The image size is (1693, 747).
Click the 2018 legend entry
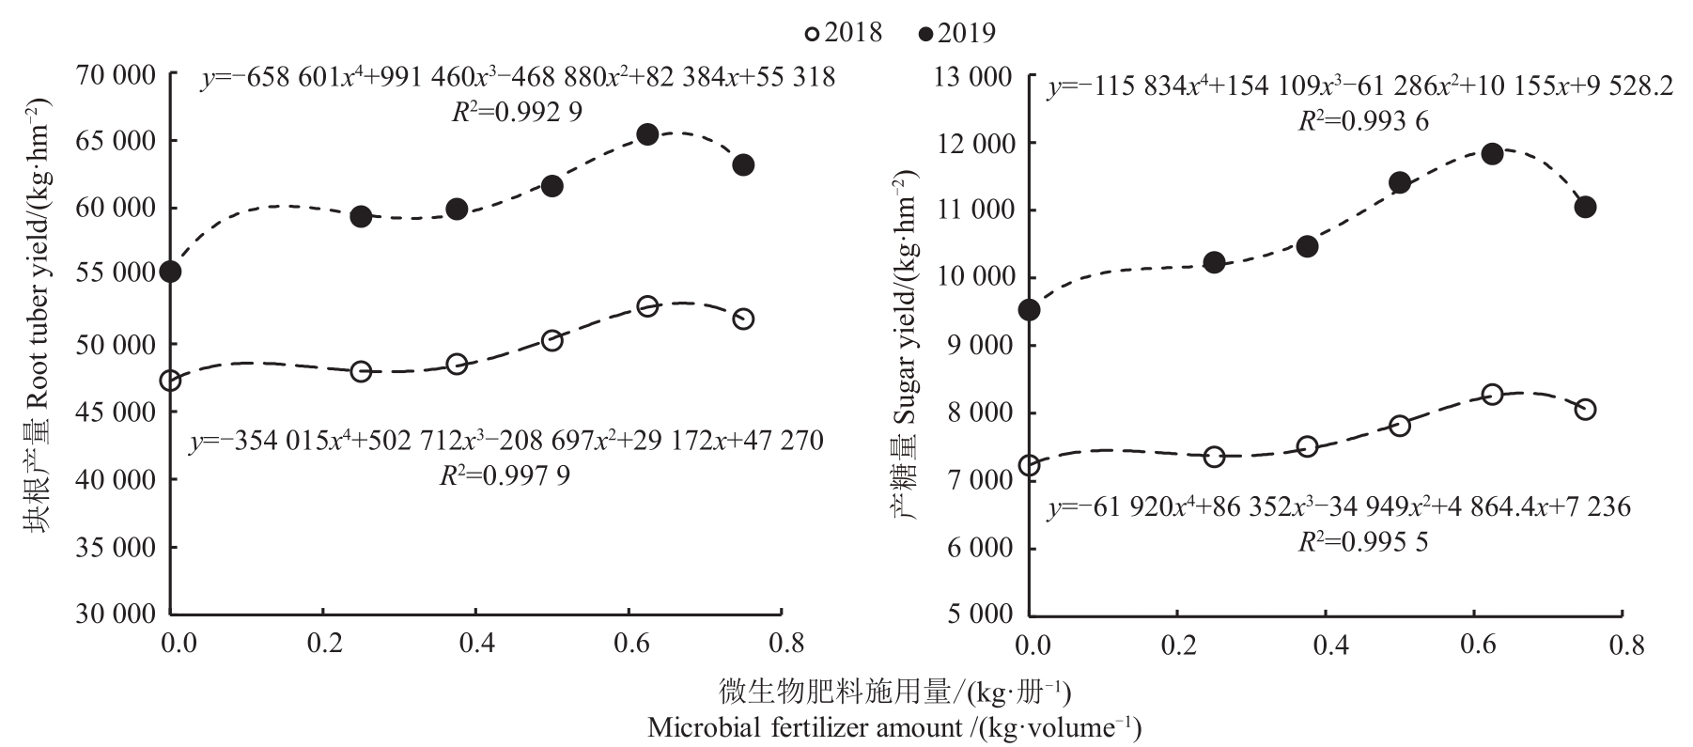click(x=843, y=33)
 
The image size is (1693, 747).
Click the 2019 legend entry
click(x=957, y=34)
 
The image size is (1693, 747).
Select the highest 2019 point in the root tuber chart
click(x=647, y=134)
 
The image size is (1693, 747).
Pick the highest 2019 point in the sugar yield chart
click(x=1492, y=154)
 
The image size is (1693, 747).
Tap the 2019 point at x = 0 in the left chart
click(x=170, y=272)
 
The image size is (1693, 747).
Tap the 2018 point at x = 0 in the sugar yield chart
click(x=1030, y=465)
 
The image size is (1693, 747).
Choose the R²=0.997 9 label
click(x=505, y=475)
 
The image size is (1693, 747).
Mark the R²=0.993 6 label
click(x=1364, y=121)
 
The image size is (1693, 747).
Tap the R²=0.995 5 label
click(x=1363, y=543)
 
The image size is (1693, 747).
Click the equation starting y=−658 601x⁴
click(x=518, y=77)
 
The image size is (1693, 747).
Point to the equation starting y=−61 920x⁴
click(x=1340, y=507)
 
